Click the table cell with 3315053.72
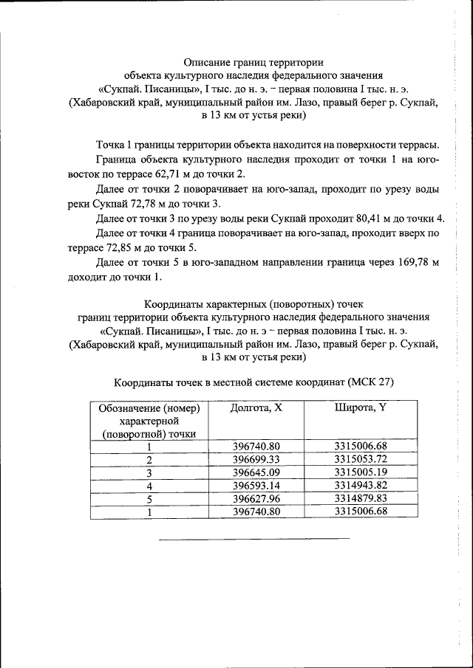pos(360,459)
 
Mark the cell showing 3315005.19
pos(360,472)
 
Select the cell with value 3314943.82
pos(360,486)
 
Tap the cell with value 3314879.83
pos(360,499)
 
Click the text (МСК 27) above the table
pos(370,382)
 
